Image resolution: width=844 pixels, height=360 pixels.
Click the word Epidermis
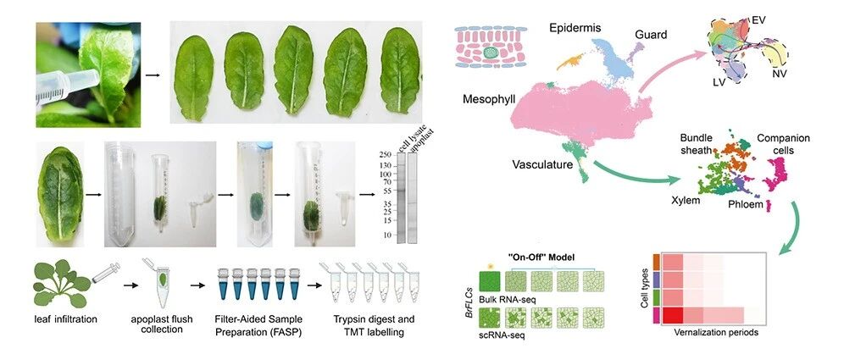tap(575, 29)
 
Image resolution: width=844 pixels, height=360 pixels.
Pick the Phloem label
tap(745, 205)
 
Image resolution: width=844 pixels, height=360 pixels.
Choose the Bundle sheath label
tap(700, 143)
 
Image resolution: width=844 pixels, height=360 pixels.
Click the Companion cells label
tap(783, 144)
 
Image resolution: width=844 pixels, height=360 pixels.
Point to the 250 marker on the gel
tap(385, 154)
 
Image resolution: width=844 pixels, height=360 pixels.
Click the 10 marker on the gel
tap(386, 235)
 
